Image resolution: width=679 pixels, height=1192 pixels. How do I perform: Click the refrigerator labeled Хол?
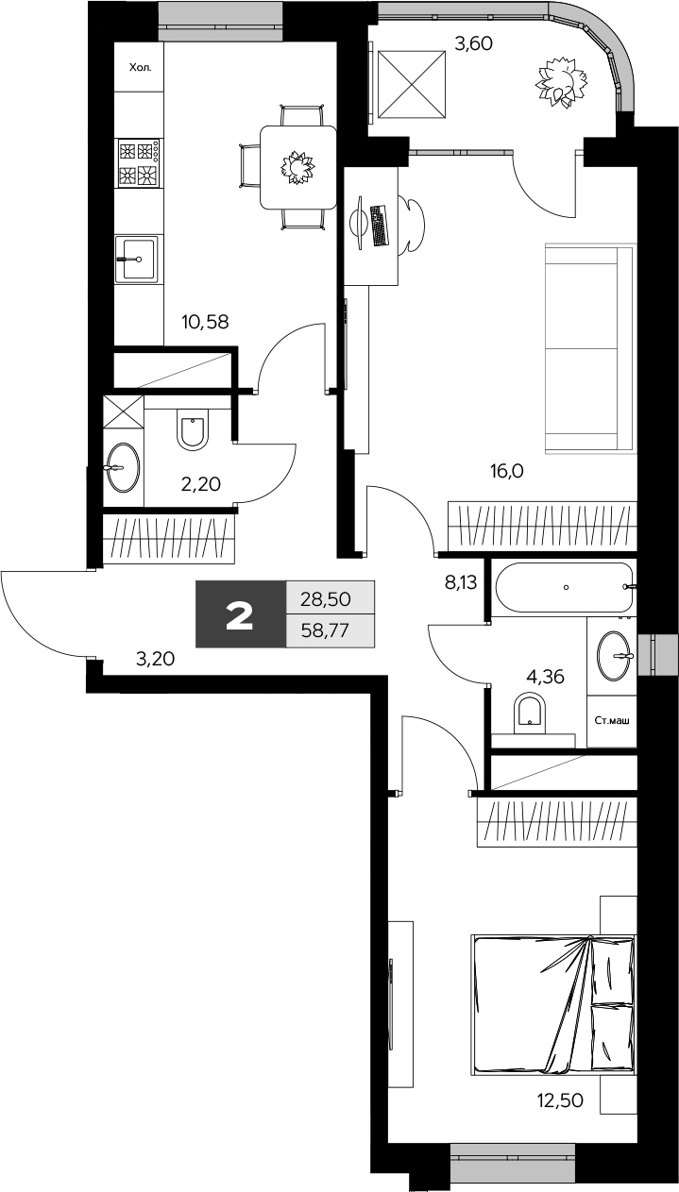(139, 68)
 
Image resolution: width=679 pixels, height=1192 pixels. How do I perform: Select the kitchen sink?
(138, 257)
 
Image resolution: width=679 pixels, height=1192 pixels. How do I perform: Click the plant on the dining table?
(298, 167)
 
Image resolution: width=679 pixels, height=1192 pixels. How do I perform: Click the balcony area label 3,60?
(473, 42)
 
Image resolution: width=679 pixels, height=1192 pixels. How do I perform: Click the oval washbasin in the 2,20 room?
(123, 466)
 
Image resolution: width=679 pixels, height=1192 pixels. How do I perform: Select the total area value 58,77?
(325, 631)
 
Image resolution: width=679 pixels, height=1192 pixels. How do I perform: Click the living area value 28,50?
(325, 598)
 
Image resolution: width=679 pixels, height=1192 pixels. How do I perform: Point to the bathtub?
(564, 587)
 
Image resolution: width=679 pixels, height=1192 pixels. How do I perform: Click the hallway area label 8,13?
(461, 582)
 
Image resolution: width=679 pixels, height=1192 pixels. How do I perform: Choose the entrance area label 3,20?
(156, 659)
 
